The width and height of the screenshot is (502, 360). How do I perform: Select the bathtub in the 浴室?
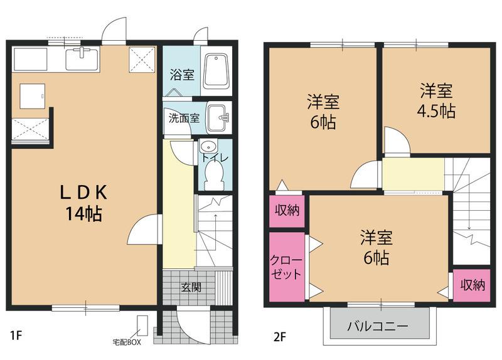point(218,73)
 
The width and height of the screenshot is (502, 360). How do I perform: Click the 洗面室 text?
point(183,118)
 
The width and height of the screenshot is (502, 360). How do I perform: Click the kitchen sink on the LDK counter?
point(82,60)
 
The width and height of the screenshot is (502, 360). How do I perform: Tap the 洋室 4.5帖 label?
point(437,100)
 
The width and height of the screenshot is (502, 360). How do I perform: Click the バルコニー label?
point(378,327)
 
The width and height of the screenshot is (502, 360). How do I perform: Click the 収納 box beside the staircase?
point(472,285)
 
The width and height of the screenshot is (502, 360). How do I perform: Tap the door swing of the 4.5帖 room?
point(397,141)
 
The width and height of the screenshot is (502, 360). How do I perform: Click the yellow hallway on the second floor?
point(413,174)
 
